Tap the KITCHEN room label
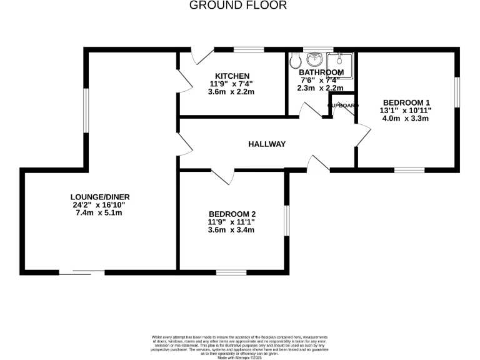(x=232, y=76)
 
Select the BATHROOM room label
(x=321, y=72)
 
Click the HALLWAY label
(x=267, y=144)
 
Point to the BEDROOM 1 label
(x=406, y=102)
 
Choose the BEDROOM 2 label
(x=232, y=212)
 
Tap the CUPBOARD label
(x=342, y=106)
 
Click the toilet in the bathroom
(x=295, y=61)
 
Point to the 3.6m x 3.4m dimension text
(x=232, y=229)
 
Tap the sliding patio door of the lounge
(x=82, y=272)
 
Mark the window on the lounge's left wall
(x=86, y=111)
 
